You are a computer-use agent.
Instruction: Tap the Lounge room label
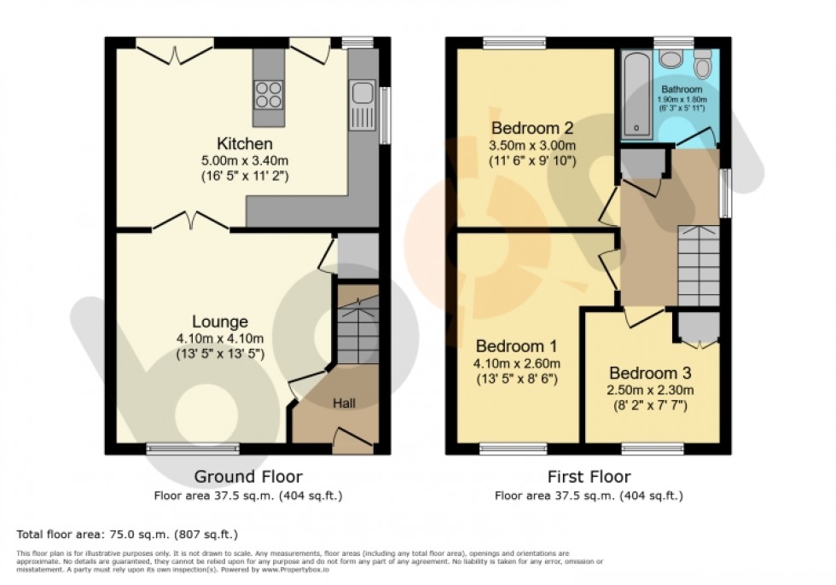coord(219,321)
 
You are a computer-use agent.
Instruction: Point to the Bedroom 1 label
coord(516,346)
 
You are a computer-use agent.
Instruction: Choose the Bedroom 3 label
coord(649,373)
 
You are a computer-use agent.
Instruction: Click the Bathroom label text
coord(681,90)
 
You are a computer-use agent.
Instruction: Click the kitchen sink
coord(362,94)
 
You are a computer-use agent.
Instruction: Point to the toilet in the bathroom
coord(703,64)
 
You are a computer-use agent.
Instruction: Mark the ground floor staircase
coord(353,328)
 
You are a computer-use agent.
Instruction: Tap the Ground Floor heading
coord(248,476)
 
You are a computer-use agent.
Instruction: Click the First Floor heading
coord(589,476)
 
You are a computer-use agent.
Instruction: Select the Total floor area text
coord(126,535)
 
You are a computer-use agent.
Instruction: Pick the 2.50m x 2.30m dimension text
coord(649,391)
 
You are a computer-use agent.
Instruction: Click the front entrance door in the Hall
coord(352,437)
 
